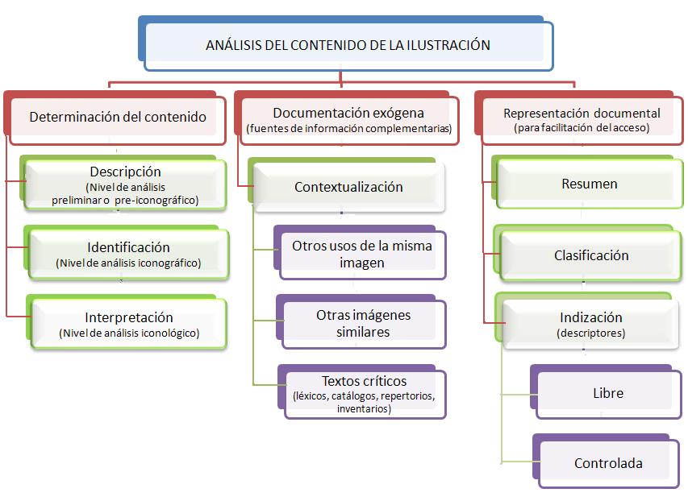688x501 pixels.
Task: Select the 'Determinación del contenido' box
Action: tap(115, 118)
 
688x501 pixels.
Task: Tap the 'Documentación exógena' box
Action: tap(347, 118)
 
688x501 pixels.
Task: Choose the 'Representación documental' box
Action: tap(579, 118)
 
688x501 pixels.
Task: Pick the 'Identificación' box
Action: tap(127, 253)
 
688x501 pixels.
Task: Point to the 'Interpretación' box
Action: tap(127, 322)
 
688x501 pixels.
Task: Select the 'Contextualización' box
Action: tap(347, 185)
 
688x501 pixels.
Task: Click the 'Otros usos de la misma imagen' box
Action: tap(360, 253)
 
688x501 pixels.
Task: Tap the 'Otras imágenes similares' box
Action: tap(361, 322)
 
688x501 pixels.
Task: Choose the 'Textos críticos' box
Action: tap(362, 391)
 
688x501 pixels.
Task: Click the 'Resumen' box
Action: tap(587, 182)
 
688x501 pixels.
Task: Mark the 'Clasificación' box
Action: tap(588, 253)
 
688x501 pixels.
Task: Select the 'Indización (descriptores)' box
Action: tap(587, 321)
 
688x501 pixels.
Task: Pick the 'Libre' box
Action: tap(606, 391)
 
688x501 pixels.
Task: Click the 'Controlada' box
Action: tap(607, 461)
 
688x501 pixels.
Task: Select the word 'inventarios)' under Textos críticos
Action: tap(364, 409)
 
